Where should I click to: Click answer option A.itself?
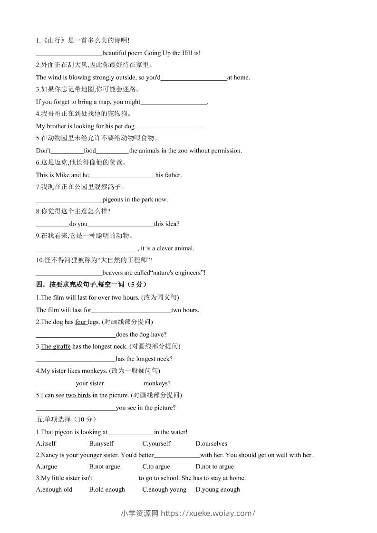(x=46, y=444)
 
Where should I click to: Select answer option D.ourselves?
(x=211, y=444)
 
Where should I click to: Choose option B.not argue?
(x=105, y=466)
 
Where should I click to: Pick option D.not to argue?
(x=214, y=466)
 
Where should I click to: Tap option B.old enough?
(x=107, y=489)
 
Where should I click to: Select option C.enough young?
(x=164, y=489)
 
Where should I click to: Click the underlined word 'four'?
(x=81, y=322)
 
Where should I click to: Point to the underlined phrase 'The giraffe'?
(x=56, y=346)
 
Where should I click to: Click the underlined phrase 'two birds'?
(x=78, y=395)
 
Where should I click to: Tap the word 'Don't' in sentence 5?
(x=43, y=151)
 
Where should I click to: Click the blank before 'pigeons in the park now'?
(x=69, y=200)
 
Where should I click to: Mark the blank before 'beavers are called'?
(x=69, y=273)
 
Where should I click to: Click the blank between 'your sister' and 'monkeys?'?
(x=123, y=384)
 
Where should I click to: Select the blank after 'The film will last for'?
(x=131, y=311)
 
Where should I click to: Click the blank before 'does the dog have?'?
(x=76, y=335)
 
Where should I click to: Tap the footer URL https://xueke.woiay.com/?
(x=208, y=513)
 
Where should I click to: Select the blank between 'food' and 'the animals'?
(x=112, y=151)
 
